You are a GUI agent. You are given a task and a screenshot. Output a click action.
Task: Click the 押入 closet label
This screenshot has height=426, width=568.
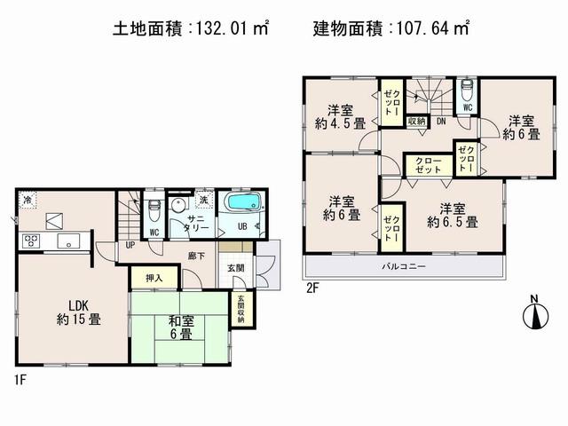pos(154,279)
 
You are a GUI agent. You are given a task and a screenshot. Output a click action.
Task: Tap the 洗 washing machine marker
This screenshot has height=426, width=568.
pos(203,200)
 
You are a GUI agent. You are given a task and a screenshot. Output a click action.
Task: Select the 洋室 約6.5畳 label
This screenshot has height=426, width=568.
pos(452,217)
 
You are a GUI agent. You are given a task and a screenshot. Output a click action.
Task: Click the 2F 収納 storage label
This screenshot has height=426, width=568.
pos(416,121)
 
